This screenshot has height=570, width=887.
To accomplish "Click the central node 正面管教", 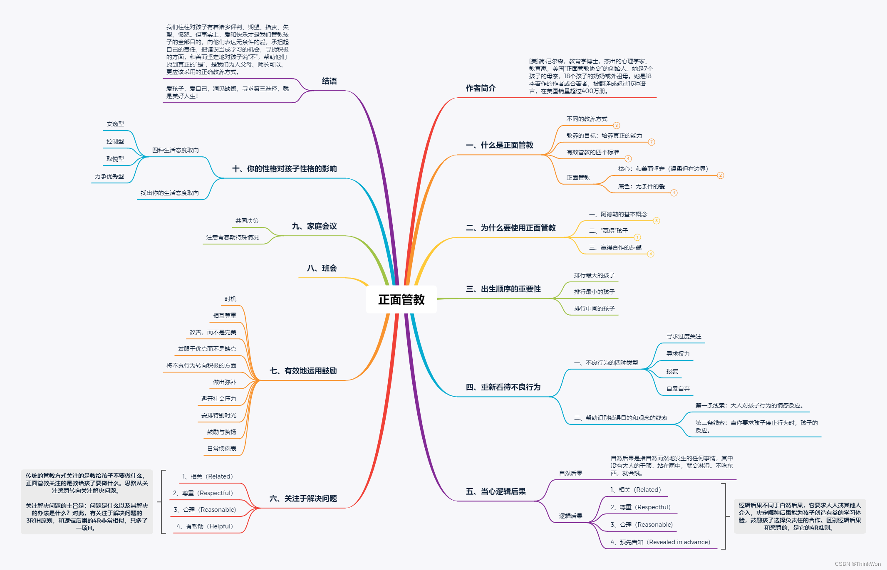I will point(401,299).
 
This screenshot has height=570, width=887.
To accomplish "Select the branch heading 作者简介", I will point(481,88).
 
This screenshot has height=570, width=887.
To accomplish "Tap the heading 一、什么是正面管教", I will point(499,145).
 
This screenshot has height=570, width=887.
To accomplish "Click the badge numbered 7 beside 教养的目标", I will point(652,142).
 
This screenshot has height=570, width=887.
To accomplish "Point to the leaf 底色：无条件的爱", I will point(641,186).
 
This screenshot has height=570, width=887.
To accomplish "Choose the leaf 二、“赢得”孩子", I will point(608,231).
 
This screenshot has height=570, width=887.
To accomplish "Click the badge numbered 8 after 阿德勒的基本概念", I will point(657,221).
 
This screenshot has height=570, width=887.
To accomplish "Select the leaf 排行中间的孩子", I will point(594,308).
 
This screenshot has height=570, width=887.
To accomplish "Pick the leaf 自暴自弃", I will point(678,389).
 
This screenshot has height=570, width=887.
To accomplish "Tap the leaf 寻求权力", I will point(678,354).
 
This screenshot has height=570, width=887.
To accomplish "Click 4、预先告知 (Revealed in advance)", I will point(660,542).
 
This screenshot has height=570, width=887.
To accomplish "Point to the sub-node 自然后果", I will point(570,473).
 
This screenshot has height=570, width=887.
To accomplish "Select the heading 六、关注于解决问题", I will point(303,498).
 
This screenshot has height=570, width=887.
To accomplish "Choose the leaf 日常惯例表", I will point(222,449).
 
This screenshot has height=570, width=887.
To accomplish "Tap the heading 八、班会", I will point(322,268).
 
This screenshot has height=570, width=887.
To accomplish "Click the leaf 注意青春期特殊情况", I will point(232,237).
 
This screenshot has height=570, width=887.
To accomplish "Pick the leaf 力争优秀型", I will point(109,176).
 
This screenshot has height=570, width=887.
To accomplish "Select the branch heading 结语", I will point(329,81).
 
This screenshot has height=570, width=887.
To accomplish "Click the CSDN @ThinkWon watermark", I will point(857,564).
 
